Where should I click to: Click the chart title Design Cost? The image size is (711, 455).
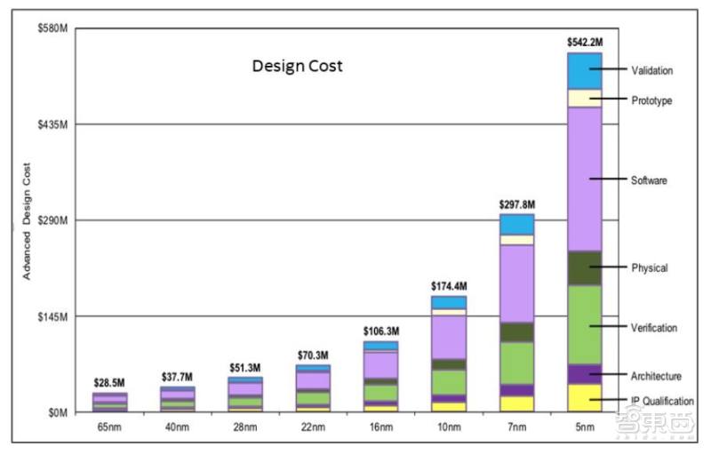(x=297, y=67)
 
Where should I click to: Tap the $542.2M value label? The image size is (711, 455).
(x=585, y=42)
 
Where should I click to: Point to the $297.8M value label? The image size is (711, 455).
(x=516, y=204)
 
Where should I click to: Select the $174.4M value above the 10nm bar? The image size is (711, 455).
(x=448, y=286)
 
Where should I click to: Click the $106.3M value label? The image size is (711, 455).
(x=380, y=331)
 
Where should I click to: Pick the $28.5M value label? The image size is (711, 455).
(x=109, y=383)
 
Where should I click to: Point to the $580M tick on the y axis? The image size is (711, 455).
(x=53, y=28)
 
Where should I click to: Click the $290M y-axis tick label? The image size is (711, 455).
(x=53, y=220)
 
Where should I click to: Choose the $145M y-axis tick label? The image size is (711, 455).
(x=53, y=316)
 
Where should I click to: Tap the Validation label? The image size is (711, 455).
(x=651, y=70)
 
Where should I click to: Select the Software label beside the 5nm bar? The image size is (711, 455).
(x=649, y=180)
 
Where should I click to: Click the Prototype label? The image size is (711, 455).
(x=651, y=100)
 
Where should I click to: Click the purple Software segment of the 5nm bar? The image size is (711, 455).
(x=585, y=178)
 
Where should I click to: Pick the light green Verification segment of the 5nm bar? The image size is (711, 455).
(x=585, y=324)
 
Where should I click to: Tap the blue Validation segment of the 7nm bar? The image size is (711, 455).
(x=516, y=224)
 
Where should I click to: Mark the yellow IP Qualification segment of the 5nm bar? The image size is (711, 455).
(x=585, y=397)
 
